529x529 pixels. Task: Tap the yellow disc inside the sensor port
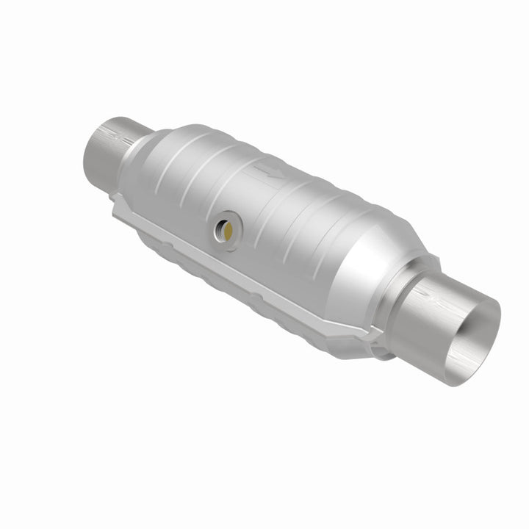tap(230, 230)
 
